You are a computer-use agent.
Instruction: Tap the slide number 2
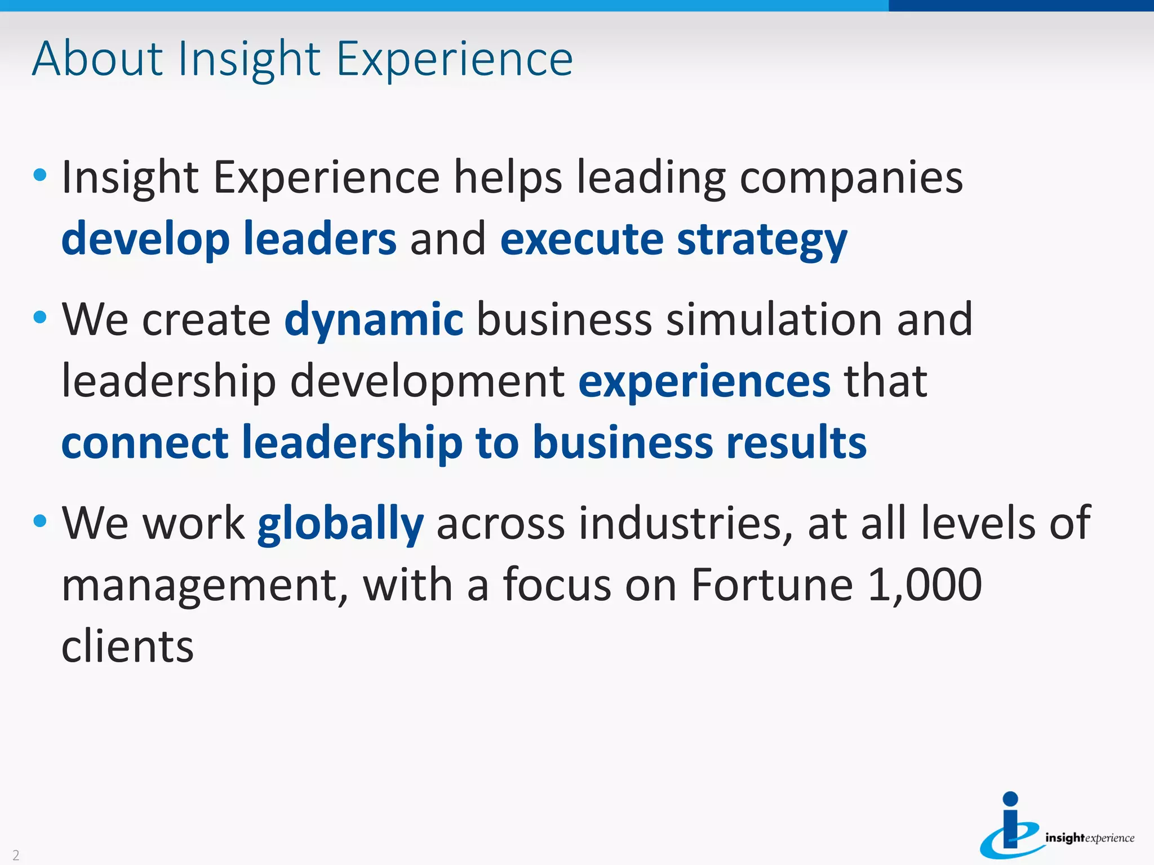coord(16,855)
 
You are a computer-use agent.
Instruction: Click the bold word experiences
coord(704,381)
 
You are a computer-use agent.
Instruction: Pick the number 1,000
coord(925,585)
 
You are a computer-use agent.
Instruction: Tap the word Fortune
coord(772,585)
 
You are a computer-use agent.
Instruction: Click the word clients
coord(127,646)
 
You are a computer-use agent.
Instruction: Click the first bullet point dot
coord(40,175)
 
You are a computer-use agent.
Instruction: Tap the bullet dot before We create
coord(40,317)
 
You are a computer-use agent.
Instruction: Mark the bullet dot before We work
coord(40,521)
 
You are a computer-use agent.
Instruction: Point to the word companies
coord(851,179)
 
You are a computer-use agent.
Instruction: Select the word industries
coord(685,524)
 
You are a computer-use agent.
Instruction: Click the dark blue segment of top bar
coord(1020,6)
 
